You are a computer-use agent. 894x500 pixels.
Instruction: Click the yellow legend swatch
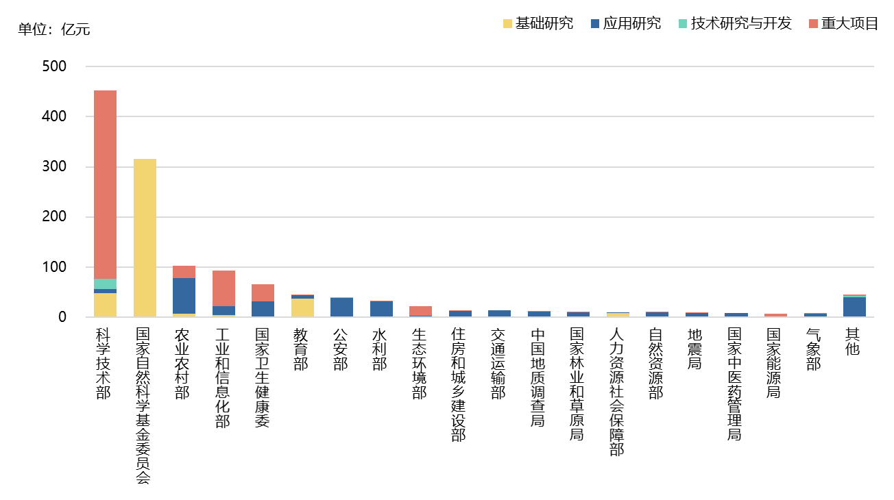pos(507,23)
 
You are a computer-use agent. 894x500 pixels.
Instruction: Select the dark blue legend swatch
pos(595,23)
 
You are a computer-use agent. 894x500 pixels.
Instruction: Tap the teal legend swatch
pos(683,23)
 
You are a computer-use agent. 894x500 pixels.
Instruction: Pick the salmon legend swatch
pos(813,23)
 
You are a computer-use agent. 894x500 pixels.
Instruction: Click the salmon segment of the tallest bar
pos(105,184)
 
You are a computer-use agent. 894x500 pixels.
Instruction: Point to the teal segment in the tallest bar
pos(105,284)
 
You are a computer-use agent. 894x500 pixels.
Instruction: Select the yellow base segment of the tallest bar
pos(105,305)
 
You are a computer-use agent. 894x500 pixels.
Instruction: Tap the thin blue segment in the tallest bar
pos(105,291)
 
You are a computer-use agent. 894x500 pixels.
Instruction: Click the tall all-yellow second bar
pos(145,238)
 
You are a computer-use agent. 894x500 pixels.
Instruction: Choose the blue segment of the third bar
pos(184,296)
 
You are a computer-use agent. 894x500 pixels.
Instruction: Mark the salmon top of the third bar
pos(184,272)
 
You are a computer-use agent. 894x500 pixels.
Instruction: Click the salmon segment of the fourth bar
pos(223,288)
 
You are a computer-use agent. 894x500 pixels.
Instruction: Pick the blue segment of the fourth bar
pos(223,310)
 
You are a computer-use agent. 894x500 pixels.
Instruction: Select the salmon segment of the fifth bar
pos(263,292)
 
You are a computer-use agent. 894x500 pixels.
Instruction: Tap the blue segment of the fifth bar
pos(263,309)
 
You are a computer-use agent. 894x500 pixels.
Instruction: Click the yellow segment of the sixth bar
pos(302,308)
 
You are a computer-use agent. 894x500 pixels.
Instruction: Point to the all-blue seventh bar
pos(341,307)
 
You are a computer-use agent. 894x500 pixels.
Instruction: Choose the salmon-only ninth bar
pos(420,311)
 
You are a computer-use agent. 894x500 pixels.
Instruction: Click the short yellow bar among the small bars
pos(618,315)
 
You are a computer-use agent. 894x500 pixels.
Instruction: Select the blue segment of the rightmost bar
pos(854,307)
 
